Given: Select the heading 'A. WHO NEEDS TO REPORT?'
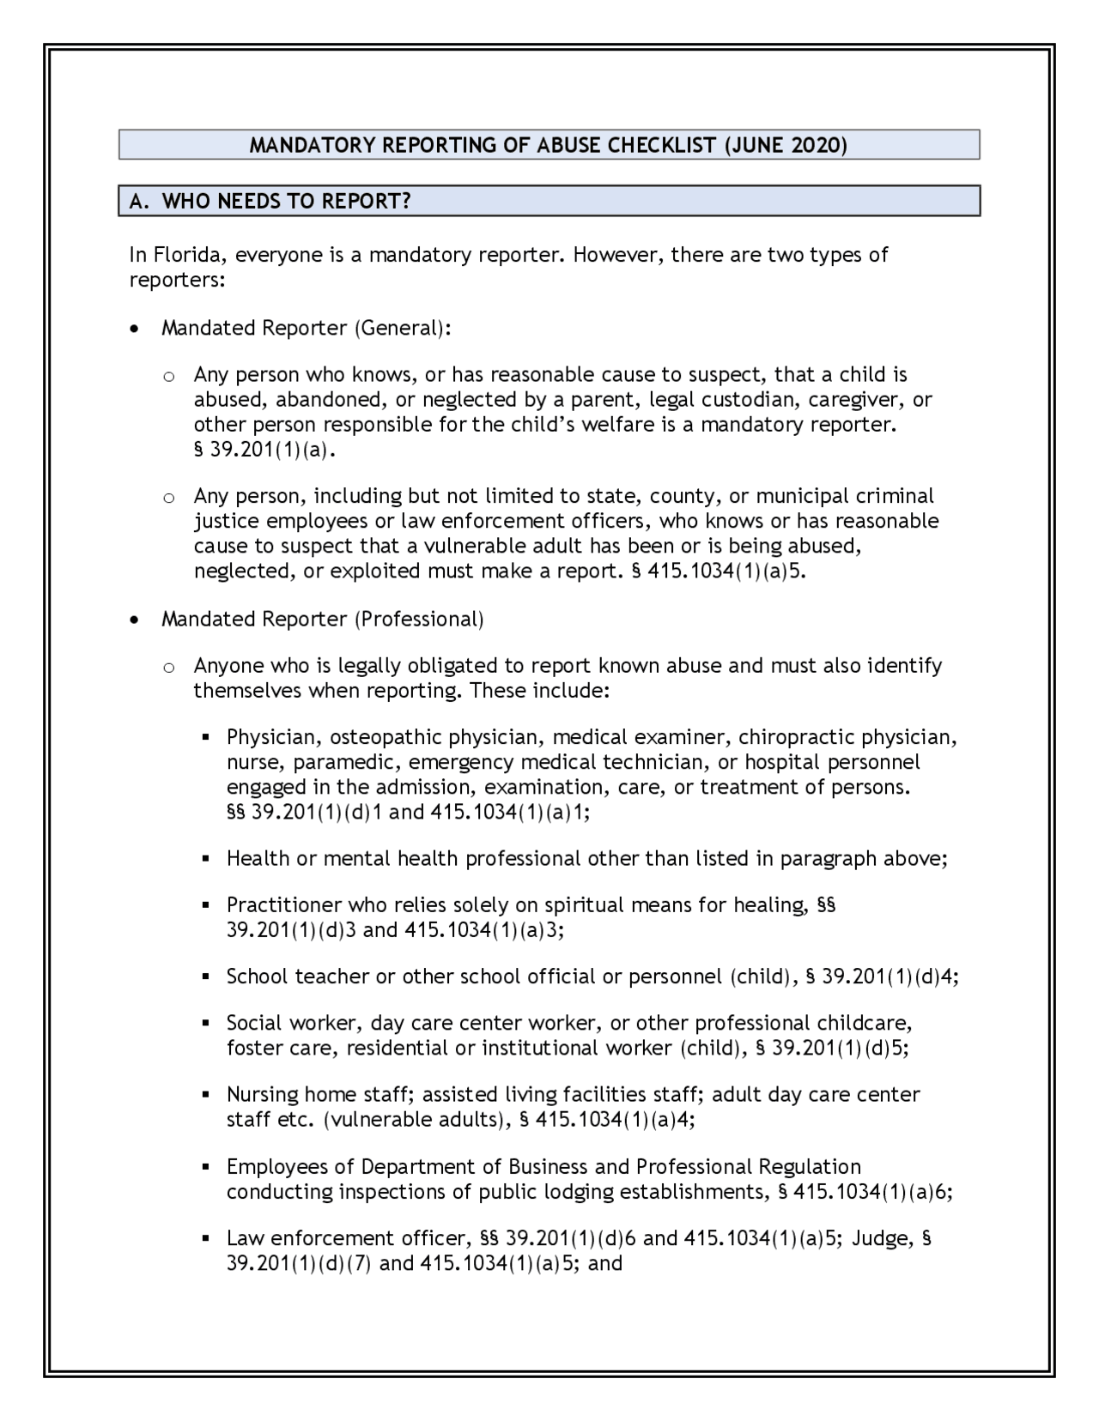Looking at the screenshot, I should (x=270, y=202).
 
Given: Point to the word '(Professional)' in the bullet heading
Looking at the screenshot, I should (x=419, y=619).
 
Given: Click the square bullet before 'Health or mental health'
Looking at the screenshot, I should (x=207, y=859).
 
